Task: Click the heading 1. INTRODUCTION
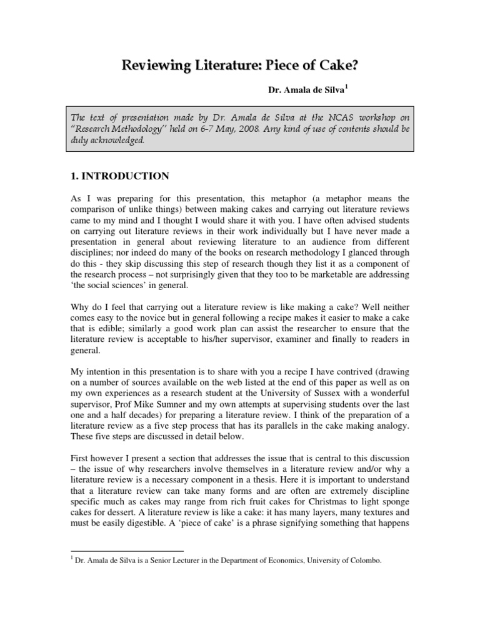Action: [119, 176]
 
